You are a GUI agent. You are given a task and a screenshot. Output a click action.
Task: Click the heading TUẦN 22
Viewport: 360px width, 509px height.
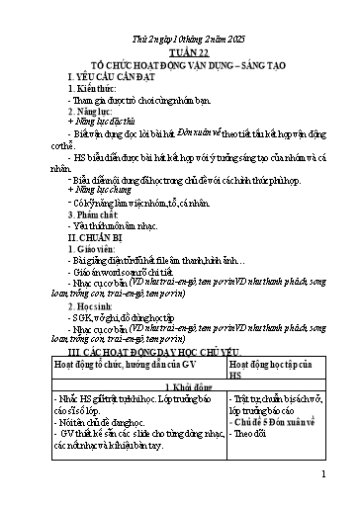pyautogui.click(x=179, y=33)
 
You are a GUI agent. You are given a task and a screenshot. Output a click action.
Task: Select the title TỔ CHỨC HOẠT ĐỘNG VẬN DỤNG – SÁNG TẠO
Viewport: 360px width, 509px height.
pyautogui.click(x=179, y=45)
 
